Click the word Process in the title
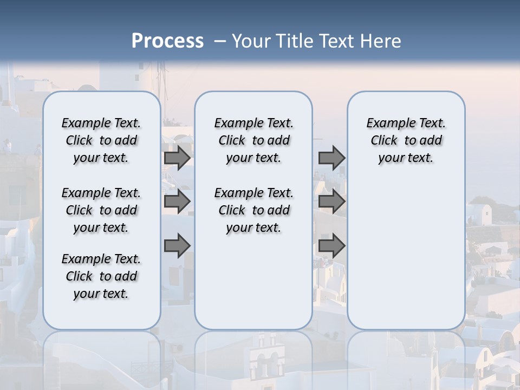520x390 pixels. [x=167, y=41]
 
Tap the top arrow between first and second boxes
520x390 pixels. [x=177, y=158]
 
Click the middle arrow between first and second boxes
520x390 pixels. [x=177, y=201]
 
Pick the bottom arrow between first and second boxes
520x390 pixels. [x=177, y=246]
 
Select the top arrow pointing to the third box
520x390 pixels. [x=331, y=158]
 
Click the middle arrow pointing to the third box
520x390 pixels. [x=331, y=201]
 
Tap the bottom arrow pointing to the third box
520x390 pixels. [x=331, y=246]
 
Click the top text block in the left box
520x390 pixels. [x=101, y=140]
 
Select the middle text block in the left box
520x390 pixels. [x=101, y=210]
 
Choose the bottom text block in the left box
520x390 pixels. [x=101, y=276]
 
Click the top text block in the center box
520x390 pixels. [x=253, y=140]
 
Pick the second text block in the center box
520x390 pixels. [x=253, y=210]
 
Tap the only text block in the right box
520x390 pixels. [x=406, y=140]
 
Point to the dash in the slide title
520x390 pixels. [x=220, y=41]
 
